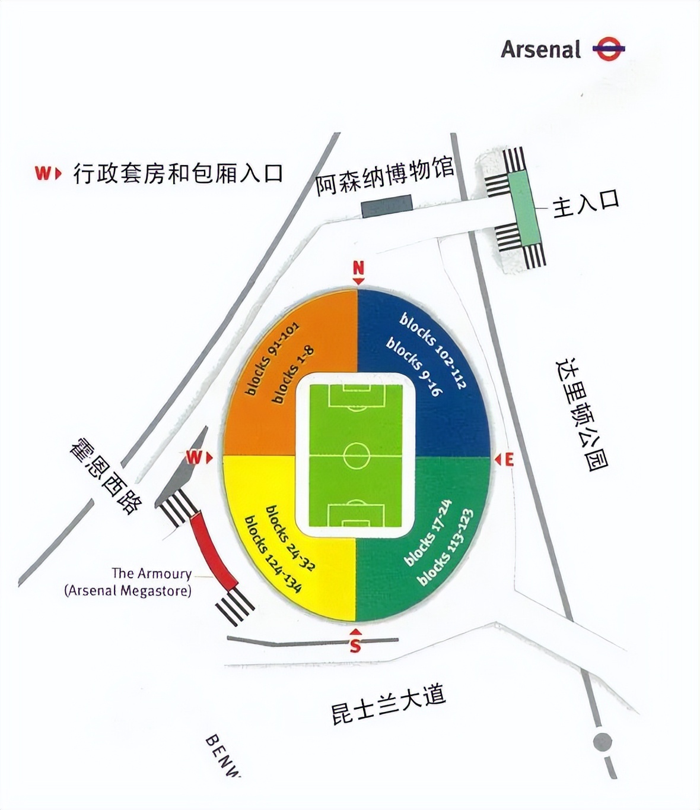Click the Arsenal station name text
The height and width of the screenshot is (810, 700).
click(540, 49)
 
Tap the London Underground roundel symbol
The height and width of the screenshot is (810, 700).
click(608, 49)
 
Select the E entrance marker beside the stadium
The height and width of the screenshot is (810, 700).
click(505, 459)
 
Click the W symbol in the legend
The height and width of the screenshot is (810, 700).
click(47, 173)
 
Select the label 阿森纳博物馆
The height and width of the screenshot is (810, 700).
click(384, 176)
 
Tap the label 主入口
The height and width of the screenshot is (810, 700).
click(586, 203)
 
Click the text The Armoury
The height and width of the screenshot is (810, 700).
click(151, 574)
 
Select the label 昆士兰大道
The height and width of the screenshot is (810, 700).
click(388, 704)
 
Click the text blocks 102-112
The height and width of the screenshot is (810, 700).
click(433, 352)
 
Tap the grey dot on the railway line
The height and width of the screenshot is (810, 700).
click(602, 742)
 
